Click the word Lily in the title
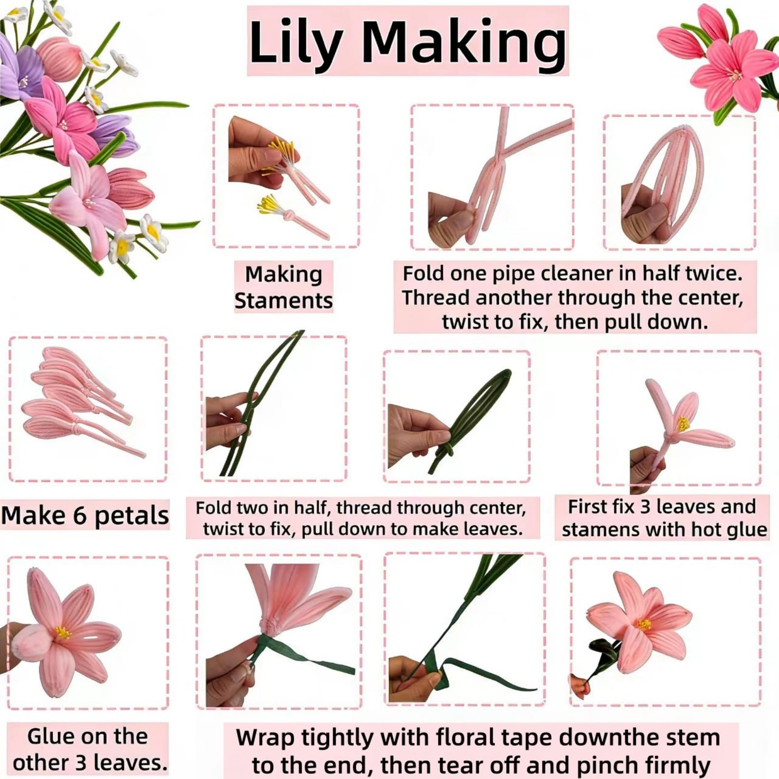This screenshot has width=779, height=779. (296, 43)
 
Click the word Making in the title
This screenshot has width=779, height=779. (464, 43)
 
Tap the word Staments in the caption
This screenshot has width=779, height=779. (283, 300)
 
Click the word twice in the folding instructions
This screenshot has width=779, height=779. (713, 273)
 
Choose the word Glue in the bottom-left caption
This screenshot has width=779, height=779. (51, 736)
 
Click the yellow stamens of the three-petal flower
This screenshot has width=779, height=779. (684, 424)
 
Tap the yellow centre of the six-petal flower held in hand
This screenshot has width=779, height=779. (63, 632)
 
